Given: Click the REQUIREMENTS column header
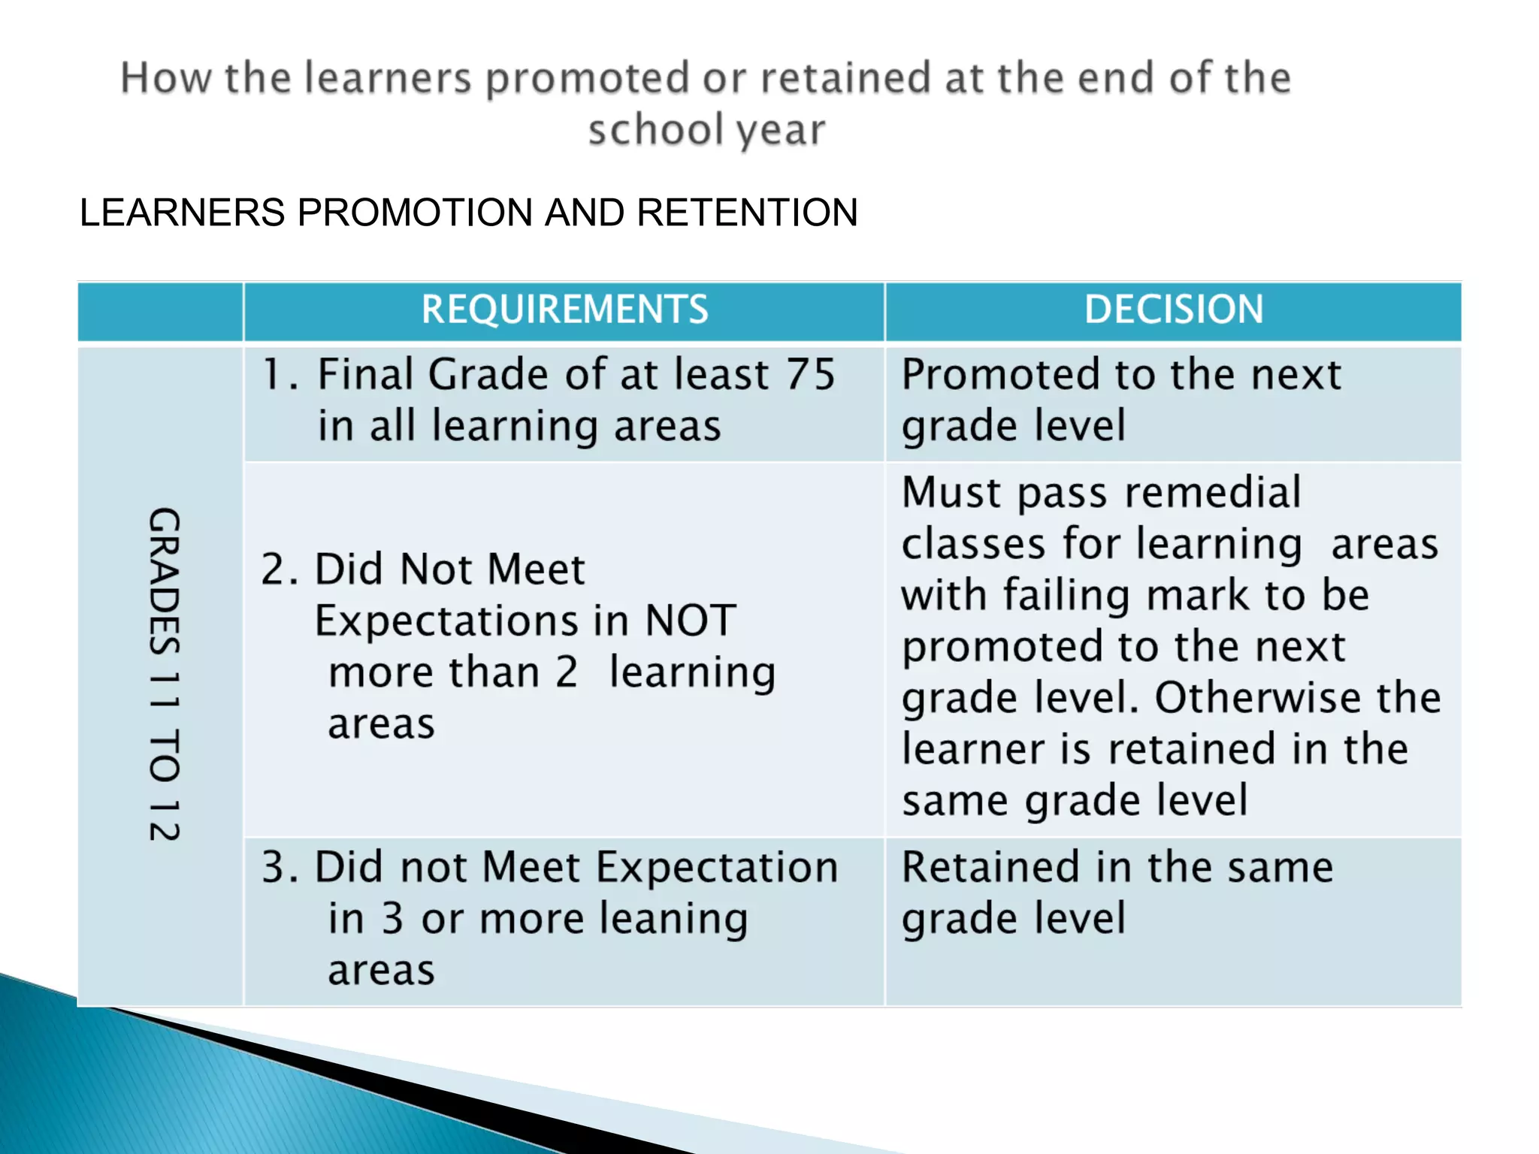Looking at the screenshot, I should click(564, 310).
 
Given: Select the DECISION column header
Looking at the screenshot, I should click(1174, 310).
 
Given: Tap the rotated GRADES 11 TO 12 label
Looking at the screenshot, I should click(164, 674).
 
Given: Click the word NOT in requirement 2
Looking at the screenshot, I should click(691, 621).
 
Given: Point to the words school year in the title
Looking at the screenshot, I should click(706, 130).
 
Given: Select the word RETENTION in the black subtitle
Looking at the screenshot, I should click(747, 213).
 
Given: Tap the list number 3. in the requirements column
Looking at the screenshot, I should click(280, 867).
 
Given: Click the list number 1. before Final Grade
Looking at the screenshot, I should click(280, 374).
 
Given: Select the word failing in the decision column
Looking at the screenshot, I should click(1068, 596).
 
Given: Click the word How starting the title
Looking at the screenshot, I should click(166, 78).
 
